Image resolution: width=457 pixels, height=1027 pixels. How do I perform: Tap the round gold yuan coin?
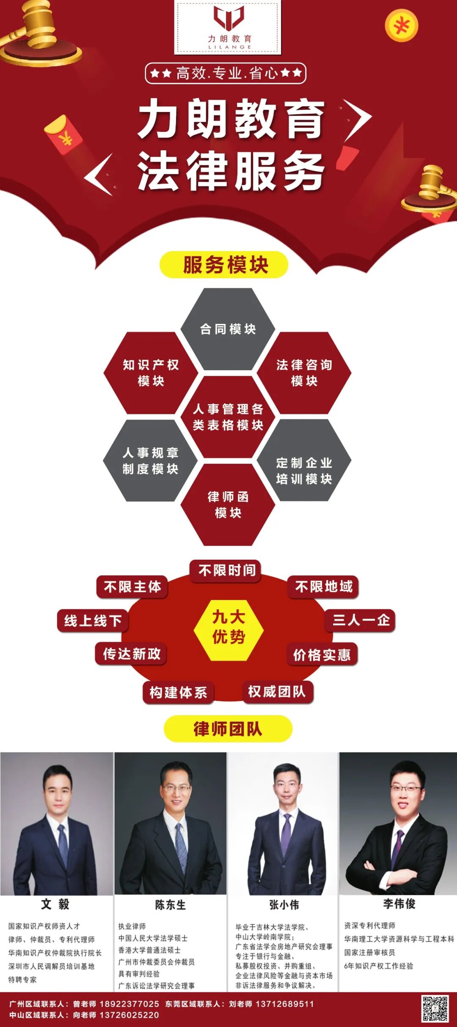401,26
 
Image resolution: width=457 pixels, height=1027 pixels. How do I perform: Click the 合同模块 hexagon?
228,329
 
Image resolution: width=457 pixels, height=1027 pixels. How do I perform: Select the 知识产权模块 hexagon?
151,372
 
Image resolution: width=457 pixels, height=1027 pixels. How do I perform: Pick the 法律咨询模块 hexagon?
304,372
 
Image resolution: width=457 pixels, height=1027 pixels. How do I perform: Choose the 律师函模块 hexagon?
228,504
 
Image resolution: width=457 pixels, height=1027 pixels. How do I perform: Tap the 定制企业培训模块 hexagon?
304,470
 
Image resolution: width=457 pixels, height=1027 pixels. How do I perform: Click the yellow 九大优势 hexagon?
228,627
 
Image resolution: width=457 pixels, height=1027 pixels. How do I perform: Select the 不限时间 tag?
226,570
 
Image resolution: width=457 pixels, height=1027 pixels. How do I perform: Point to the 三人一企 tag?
361,620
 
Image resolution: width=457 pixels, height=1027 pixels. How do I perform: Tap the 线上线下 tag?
93,621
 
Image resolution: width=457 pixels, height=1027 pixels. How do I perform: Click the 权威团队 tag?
277,692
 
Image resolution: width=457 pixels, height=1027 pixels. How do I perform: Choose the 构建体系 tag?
178,692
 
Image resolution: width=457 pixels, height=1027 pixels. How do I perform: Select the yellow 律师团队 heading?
228,729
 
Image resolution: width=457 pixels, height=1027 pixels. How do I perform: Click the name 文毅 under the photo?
55,904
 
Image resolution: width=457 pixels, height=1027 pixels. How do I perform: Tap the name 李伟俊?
399,904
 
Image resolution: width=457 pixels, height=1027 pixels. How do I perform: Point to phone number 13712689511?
285,1004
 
